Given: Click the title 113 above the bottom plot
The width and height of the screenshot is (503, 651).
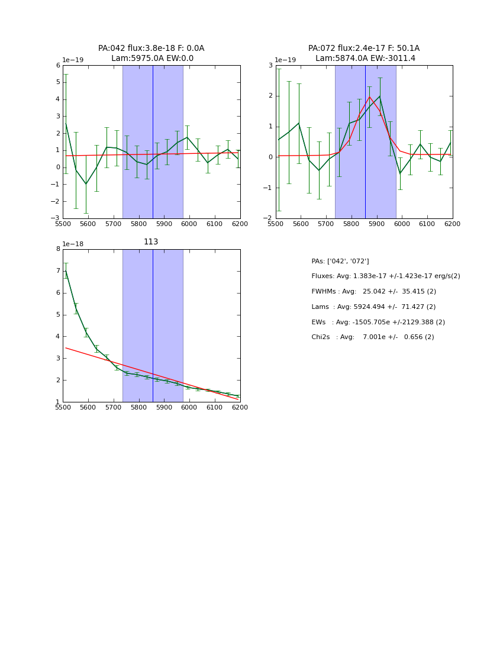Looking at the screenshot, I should tap(151, 242).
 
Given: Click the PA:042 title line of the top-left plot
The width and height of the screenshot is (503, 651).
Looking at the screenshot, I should tap(151, 49).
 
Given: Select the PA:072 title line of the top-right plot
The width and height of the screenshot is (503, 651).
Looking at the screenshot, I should tap(363, 49).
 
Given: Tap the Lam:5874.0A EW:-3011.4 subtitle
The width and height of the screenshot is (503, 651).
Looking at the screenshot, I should tap(365, 59).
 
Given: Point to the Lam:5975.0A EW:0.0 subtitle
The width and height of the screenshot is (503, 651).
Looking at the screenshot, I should tap(152, 59).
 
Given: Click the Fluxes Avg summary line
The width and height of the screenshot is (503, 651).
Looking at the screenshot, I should tap(385, 276).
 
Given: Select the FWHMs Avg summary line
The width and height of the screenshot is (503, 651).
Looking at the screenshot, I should tap(373, 292).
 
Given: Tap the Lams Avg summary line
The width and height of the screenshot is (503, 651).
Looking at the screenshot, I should tap(373, 307).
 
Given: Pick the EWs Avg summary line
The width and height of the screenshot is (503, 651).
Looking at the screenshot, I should tap(378, 323).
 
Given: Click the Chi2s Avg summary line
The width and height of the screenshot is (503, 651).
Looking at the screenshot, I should tap(372, 337).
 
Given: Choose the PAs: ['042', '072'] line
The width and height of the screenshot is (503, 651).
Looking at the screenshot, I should tap(340, 261).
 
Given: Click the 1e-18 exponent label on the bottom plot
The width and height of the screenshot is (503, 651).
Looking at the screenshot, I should tap(73, 244).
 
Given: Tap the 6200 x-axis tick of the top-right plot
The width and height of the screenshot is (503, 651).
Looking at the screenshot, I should tap(452, 224).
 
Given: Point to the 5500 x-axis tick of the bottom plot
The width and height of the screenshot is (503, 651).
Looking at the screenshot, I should tap(63, 407).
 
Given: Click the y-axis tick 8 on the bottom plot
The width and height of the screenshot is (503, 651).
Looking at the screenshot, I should tap(58, 249).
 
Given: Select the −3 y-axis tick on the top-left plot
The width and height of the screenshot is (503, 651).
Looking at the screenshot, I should tap(56, 218).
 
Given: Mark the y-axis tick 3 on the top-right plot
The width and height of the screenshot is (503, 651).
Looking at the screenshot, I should tap(270, 66).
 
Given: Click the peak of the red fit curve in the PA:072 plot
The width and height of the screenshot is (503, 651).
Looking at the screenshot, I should tap(369, 97).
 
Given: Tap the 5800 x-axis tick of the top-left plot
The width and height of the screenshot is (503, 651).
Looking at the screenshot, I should tap(138, 224).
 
